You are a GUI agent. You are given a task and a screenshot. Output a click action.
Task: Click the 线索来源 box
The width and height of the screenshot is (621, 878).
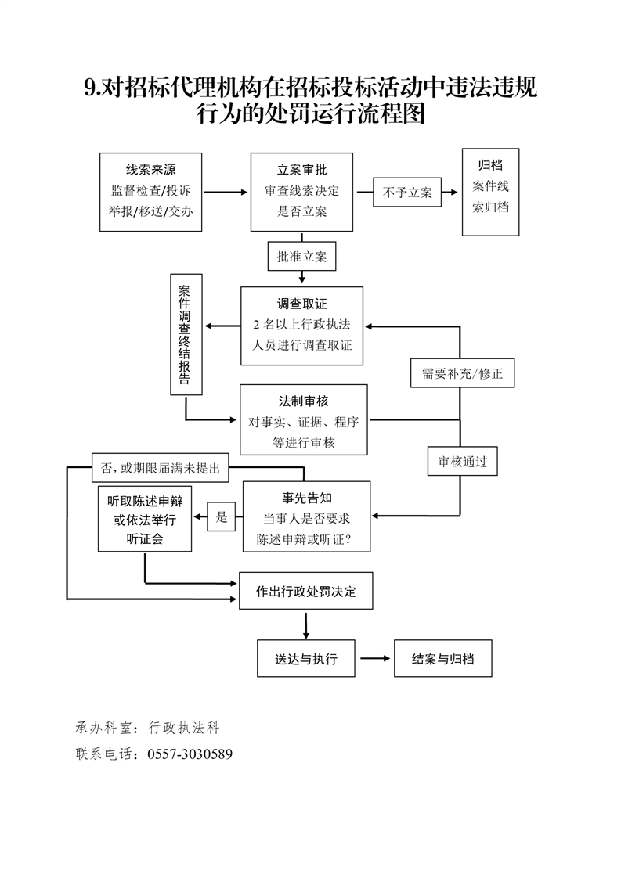coord(151,192)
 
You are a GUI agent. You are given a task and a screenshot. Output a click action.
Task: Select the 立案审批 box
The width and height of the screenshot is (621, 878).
coord(301,192)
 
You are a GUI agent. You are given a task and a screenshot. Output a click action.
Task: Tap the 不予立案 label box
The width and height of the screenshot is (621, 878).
coord(407,192)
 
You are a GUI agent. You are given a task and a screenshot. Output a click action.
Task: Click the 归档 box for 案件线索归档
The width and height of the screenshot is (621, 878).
coord(491,192)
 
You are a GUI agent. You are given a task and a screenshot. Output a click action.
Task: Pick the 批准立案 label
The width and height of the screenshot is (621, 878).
coord(301,256)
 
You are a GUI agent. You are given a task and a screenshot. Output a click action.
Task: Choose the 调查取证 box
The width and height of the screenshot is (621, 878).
coord(301,326)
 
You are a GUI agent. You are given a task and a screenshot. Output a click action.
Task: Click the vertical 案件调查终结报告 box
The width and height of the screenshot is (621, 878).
coord(186,334)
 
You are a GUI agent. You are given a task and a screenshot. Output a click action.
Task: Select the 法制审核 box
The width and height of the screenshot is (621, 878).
coord(303,419)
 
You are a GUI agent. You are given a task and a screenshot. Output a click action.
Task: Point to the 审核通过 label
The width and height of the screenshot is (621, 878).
coord(463,462)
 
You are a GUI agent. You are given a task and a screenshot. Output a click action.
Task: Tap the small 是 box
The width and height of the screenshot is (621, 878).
coord(222,516)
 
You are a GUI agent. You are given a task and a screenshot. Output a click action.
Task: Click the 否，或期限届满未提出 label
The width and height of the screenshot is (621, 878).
coord(160,469)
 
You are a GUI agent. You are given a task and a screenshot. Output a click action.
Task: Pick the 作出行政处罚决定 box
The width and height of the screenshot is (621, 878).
coord(306,592)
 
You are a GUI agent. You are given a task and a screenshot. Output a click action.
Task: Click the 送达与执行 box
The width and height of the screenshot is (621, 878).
coord(306,659)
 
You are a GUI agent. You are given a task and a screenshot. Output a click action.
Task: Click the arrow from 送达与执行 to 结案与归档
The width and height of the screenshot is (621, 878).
coord(375,659)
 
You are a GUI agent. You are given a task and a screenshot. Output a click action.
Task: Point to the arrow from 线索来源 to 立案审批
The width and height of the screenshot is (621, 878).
coord(226,192)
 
